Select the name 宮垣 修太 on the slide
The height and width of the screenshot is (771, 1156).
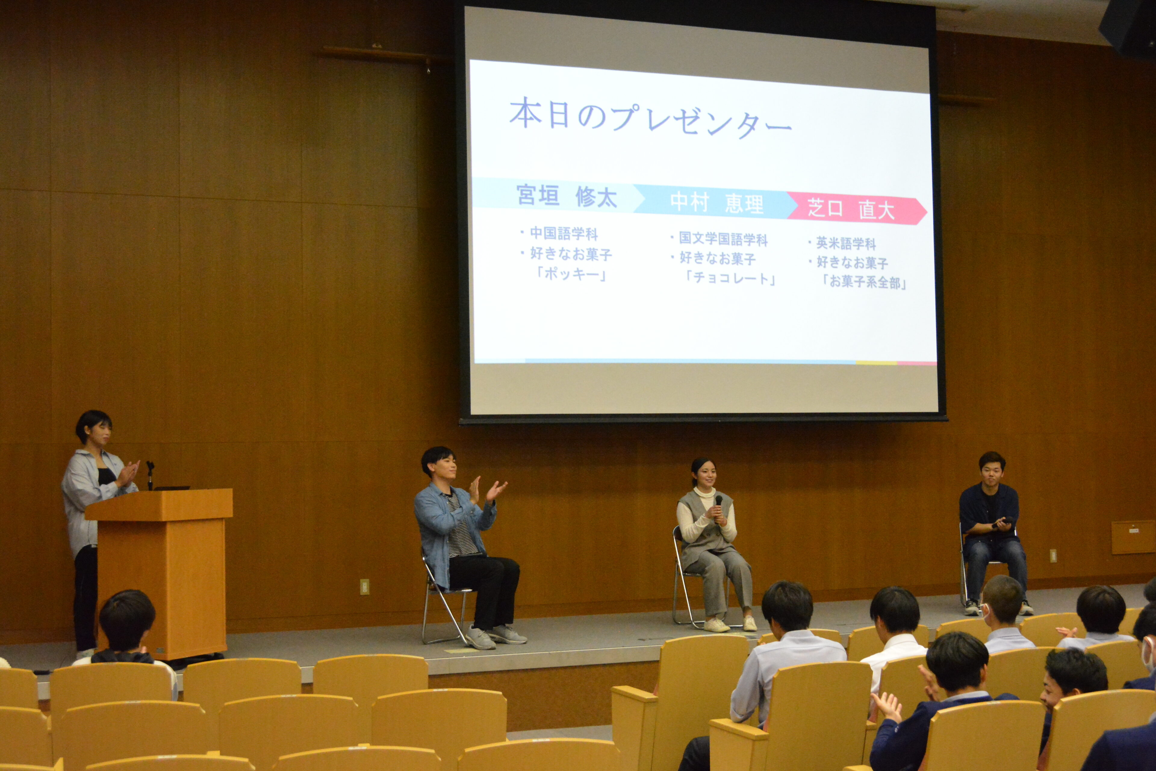(567, 196)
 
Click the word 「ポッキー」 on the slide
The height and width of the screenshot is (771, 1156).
(571, 274)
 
